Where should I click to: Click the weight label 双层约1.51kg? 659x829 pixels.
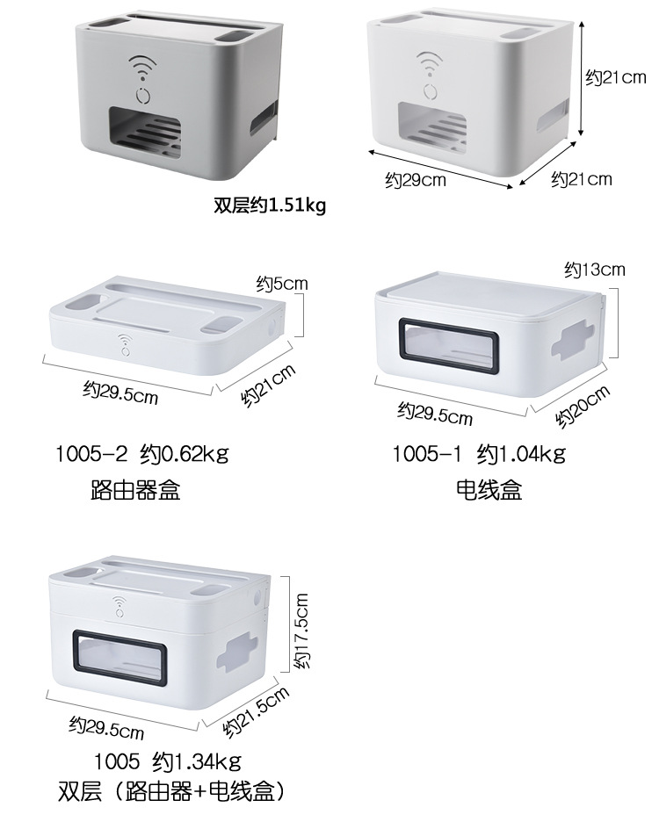click(x=270, y=206)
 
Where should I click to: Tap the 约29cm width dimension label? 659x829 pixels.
click(x=415, y=181)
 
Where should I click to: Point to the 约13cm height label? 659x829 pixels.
click(x=594, y=269)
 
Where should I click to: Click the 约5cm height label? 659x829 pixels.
click(x=282, y=284)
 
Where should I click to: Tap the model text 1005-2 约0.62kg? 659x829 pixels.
click(x=141, y=454)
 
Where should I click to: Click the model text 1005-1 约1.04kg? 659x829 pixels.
click(x=478, y=454)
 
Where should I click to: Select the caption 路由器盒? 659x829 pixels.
click(x=135, y=490)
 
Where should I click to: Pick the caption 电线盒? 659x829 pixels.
click(x=489, y=490)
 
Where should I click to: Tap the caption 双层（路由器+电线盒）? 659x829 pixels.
click(x=171, y=791)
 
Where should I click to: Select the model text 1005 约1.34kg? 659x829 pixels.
click(x=166, y=760)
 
